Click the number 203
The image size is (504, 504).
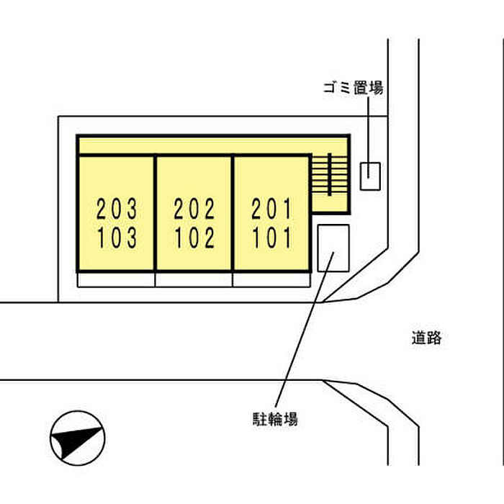117,210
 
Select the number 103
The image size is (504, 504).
117,238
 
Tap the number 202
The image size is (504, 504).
194,210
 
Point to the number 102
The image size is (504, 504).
194,238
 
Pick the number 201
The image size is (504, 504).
272,210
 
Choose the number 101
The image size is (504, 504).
272,238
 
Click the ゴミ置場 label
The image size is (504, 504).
352,89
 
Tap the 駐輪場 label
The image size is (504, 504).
275,418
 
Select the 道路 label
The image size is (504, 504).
426,337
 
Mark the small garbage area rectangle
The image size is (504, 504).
369,176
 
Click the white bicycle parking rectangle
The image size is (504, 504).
333,248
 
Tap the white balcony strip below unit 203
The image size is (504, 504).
117,279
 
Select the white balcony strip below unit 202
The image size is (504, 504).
194,279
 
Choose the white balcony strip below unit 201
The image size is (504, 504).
272,279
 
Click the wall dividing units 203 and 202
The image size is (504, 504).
156,213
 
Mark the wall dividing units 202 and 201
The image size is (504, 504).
233,213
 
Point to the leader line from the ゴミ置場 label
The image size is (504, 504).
369,130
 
